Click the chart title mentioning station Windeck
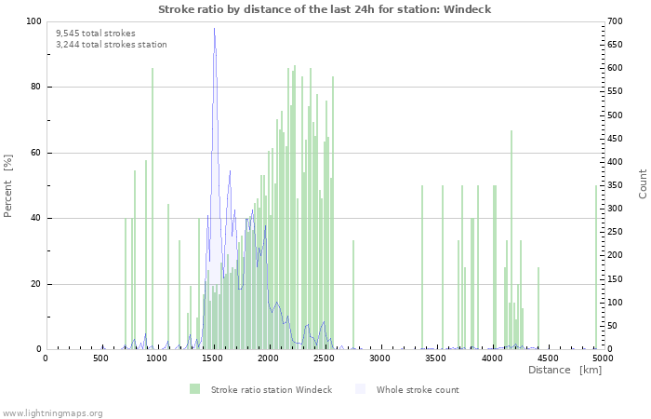325,9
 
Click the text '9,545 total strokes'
96,34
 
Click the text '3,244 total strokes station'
112,45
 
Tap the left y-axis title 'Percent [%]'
8,186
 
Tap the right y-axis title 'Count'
643,183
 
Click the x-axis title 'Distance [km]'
565,371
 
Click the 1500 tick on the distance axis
213,358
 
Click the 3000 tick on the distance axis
379,358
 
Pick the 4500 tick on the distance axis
547,358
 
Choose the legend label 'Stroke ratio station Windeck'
272,389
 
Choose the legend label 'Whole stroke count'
418,389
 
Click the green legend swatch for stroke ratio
194,389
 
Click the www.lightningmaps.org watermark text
52,412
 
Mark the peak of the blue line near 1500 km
214,28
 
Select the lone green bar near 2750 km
353,294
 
